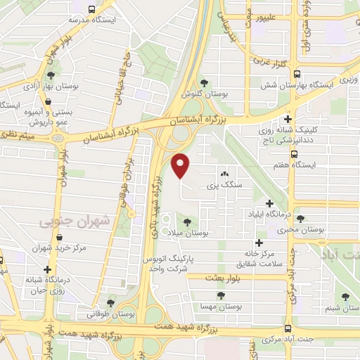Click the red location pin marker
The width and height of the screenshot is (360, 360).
pos(181,166)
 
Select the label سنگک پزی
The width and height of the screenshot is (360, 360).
pos(224,186)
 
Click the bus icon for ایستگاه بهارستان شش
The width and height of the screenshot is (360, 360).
pos(297,73)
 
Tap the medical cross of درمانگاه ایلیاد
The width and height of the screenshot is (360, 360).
pos(269,204)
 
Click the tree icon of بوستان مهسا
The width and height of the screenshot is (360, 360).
pos(221,296)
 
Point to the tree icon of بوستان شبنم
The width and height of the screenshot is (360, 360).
pos(345,297)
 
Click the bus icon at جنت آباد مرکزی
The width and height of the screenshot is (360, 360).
pos(288,328)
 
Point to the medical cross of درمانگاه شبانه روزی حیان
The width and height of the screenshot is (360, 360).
pos(47,269)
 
